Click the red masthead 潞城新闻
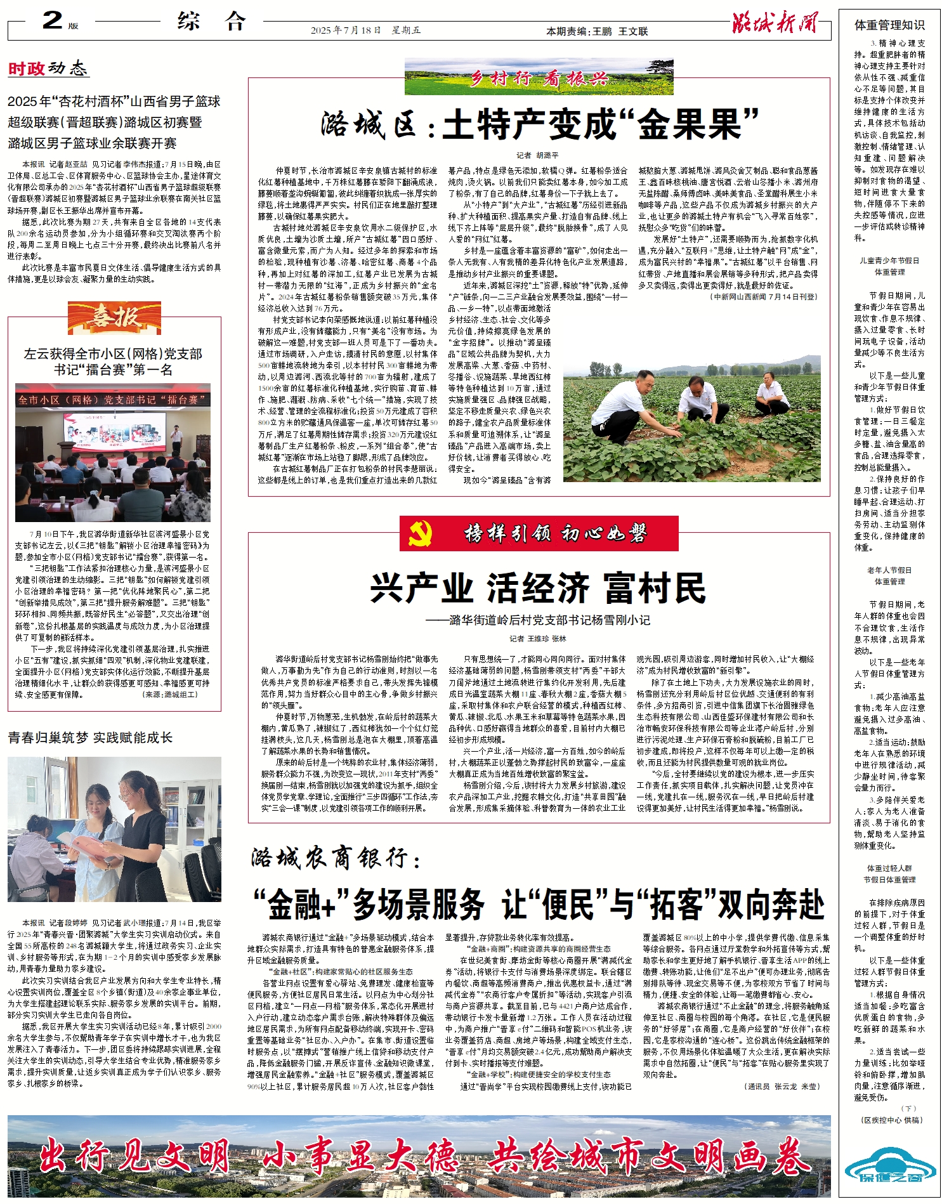[775, 22]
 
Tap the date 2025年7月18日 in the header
[346, 30]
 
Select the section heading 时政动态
[48, 69]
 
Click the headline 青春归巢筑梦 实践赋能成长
[90, 737]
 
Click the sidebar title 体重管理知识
[889, 25]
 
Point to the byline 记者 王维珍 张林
[538, 638]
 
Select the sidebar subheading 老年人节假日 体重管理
[889, 575]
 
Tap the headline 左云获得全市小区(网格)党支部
[113, 354]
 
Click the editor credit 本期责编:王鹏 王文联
[597, 31]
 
